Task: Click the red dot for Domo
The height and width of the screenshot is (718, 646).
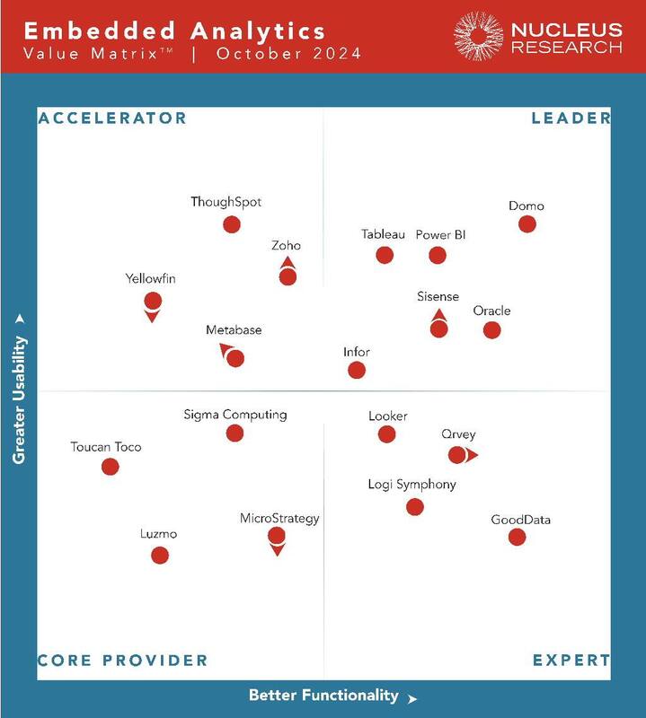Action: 527,224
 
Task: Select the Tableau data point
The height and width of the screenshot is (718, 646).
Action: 385,255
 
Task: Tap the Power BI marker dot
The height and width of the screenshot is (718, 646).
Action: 438,255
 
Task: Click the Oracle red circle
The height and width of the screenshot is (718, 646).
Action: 491,329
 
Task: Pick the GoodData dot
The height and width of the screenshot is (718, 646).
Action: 517,537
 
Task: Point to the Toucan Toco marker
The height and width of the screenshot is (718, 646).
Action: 111,466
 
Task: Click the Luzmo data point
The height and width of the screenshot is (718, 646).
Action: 160,555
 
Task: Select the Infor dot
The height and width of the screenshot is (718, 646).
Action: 357,370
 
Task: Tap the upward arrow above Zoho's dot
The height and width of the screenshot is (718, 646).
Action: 288,263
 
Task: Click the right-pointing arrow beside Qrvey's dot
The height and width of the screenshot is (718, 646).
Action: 472,455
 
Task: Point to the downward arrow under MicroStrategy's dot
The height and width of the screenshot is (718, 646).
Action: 277,549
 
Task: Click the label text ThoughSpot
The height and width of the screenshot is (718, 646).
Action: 226,202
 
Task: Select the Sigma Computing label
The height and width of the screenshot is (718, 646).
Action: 235,415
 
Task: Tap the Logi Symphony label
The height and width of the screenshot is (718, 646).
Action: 411,485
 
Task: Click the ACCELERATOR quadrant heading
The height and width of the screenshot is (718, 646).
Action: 112,118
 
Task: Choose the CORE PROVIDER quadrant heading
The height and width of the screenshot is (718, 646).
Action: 122,661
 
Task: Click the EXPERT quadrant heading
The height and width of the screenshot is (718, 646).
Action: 571,661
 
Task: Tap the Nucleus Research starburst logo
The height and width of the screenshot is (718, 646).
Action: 478,36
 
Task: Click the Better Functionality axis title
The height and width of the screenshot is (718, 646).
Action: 323,695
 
